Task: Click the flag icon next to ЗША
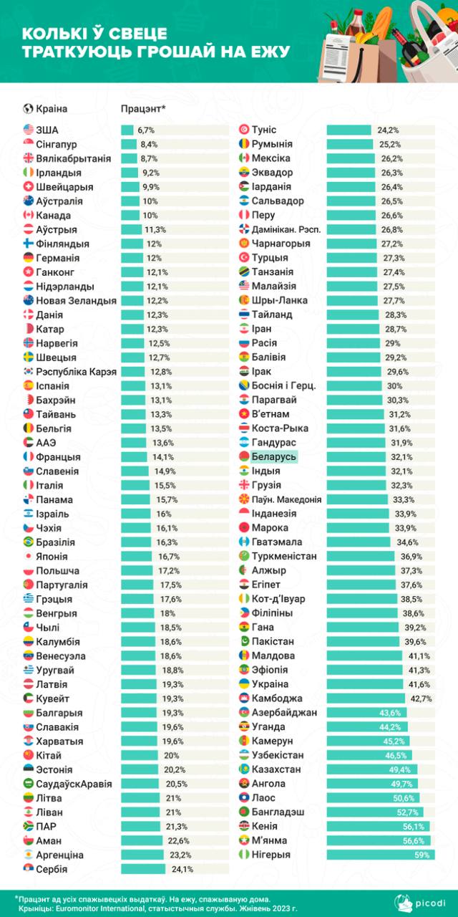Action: [29, 130]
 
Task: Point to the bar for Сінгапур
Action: [127, 144]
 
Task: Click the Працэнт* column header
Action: [143, 109]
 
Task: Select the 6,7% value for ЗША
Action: [146, 130]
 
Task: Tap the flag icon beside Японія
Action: [29, 556]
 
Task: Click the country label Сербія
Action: [51, 869]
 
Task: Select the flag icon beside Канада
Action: [29, 215]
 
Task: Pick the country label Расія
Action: [265, 343]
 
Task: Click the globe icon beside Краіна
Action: [29, 109]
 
